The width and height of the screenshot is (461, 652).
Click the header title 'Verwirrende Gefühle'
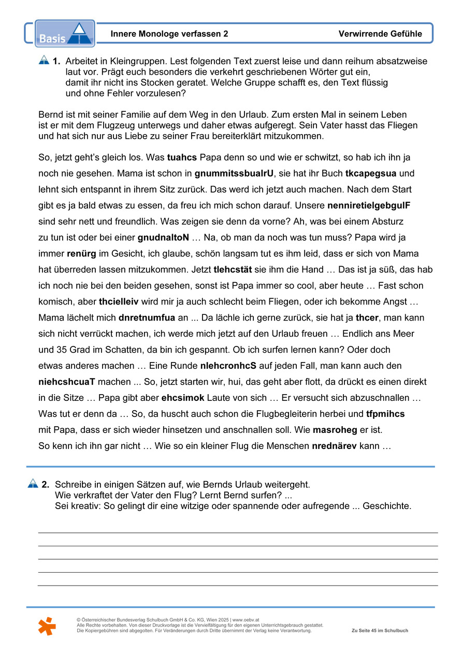[380, 34]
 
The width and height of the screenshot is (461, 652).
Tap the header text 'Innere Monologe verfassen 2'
[169, 34]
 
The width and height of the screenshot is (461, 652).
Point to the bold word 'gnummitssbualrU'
[234, 173]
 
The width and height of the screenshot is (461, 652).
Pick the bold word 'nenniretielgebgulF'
[369, 206]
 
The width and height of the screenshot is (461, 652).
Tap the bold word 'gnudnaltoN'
[163, 238]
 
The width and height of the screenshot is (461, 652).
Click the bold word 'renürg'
[80, 254]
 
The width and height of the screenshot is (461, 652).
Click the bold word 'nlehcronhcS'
[228, 366]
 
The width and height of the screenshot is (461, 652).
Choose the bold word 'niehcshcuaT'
[67, 382]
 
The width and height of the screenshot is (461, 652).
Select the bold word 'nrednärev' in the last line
[334, 446]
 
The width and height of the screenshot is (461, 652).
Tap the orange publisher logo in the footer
[47, 626]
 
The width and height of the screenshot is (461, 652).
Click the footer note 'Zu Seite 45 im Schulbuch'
[380, 631]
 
